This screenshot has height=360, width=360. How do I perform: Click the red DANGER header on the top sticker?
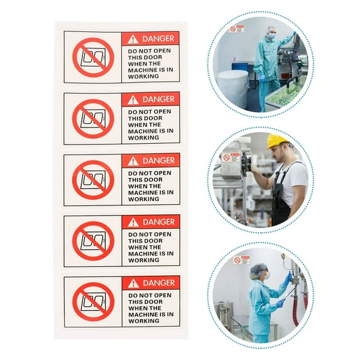click(x=151, y=38)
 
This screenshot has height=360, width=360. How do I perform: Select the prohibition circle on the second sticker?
click(x=93, y=119)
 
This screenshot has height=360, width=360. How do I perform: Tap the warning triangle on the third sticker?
click(x=133, y=161)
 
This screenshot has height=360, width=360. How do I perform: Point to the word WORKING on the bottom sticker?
click(x=144, y=321)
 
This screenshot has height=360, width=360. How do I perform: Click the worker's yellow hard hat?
click(x=277, y=141)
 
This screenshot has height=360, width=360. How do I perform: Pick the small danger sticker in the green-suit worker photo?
click(x=237, y=29)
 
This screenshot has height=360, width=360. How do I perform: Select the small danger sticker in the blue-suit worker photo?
click(x=241, y=259)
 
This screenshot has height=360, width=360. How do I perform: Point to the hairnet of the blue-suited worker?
click(x=258, y=269)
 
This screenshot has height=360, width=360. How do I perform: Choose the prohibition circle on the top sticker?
click(x=93, y=57)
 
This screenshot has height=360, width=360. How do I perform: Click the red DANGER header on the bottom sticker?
click(x=151, y=283)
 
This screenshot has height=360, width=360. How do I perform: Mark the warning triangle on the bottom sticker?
click(x=133, y=283)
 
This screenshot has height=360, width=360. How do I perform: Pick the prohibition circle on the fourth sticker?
click(x=93, y=241)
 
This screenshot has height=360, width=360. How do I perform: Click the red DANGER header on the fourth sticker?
click(x=151, y=222)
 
